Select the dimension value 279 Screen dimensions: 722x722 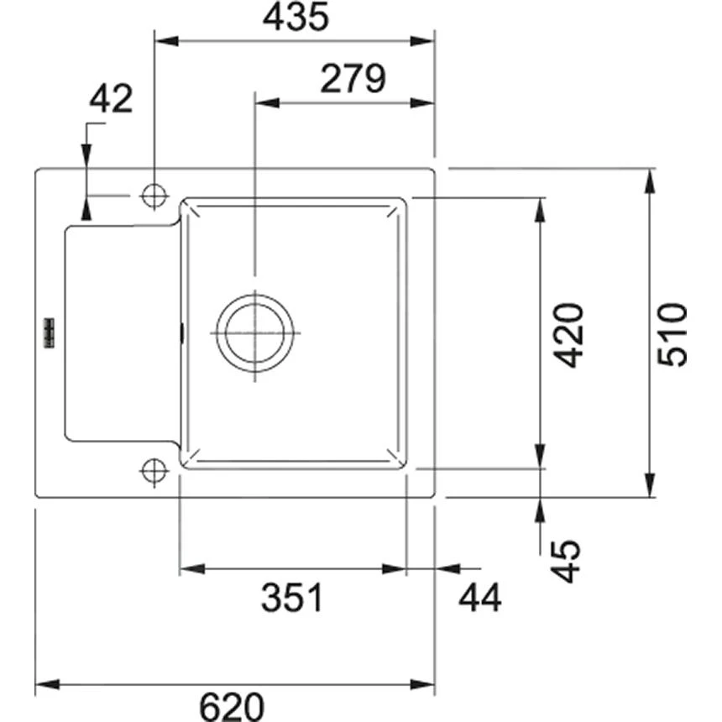click(353, 79)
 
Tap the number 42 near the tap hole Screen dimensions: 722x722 click(111, 100)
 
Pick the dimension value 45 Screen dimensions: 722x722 click(568, 561)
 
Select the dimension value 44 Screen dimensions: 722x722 click(479, 598)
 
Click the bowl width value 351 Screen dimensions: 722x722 click(291, 598)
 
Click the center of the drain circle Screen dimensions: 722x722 click(254, 332)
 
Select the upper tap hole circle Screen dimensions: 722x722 click(154, 196)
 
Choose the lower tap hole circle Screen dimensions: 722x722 click(154, 470)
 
